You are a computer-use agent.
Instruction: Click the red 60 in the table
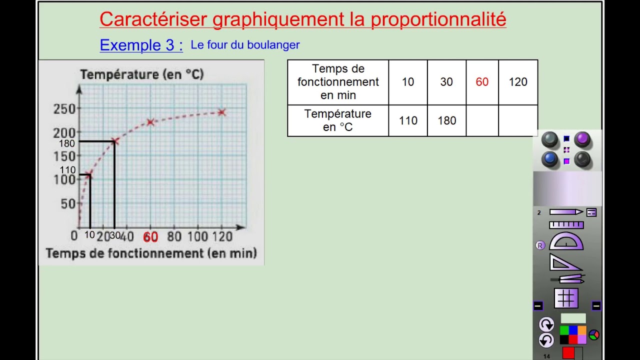pyautogui.click(x=482, y=82)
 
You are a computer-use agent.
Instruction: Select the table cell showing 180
pyautogui.click(x=446, y=120)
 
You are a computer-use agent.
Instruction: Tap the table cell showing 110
pyautogui.click(x=408, y=120)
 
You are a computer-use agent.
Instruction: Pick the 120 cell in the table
pyautogui.click(x=518, y=82)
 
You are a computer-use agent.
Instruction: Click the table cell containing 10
pyautogui.click(x=408, y=82)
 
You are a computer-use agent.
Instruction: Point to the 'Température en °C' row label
pyautogui.click(x=338, y=120)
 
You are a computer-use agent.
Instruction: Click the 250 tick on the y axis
pyautogui.click(x=64, y=109)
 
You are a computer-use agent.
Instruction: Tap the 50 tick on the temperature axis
pyautogui.click(x=67, y=203)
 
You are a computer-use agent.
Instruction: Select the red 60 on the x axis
pyautogui.click(x=150, y=237)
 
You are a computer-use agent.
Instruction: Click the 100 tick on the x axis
pyautogui.click(x=197, y=236)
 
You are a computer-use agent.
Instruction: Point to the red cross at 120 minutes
pyautogui.click(x=222, y=112)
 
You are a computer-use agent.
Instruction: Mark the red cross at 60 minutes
pyautogui.click(x=150, y=121)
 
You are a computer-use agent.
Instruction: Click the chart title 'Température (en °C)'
pyautogui.click(x=142, y=74)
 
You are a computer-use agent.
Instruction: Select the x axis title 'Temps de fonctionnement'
pyautogui.click(x=151, y=253)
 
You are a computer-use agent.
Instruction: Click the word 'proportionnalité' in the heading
pyautogui.click(x=438, y=19)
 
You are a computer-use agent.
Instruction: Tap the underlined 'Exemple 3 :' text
pyautogui.click(x=141, y=45)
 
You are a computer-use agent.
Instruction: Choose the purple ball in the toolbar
pyautogui.click(x=581, y=139)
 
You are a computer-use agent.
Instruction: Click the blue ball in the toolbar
pyautogui.click(x=550, y=159)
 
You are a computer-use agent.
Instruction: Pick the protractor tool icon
pyautogui.click(x=566, y=241)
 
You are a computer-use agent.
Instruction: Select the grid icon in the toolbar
pyautogui.click(x=566, y=298)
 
